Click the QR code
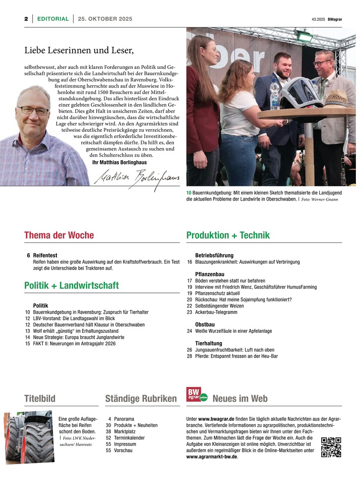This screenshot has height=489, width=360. [331, 447]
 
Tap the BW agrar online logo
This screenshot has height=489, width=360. [197, 395]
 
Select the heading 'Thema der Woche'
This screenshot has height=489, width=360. [59, 235]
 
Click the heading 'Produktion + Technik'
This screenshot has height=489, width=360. [228, 235]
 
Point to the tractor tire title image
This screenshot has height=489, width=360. [29, 438]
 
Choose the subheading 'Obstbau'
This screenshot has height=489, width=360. [204, 325]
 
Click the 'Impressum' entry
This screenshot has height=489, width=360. [125, 444]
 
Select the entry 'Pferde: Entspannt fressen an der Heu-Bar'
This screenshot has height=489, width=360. [236, 356]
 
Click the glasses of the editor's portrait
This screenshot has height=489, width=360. [33, 110]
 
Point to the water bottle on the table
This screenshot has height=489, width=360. [275, 95]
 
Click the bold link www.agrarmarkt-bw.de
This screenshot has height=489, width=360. [211, 457]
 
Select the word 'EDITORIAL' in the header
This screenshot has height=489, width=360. [53, 19]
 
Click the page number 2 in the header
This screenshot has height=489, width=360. [26, 19]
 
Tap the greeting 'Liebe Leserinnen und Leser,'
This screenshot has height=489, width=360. [79, 50]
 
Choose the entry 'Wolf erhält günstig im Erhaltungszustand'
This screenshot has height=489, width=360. [76, 331]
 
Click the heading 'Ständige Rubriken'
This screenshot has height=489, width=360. [141, 398]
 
